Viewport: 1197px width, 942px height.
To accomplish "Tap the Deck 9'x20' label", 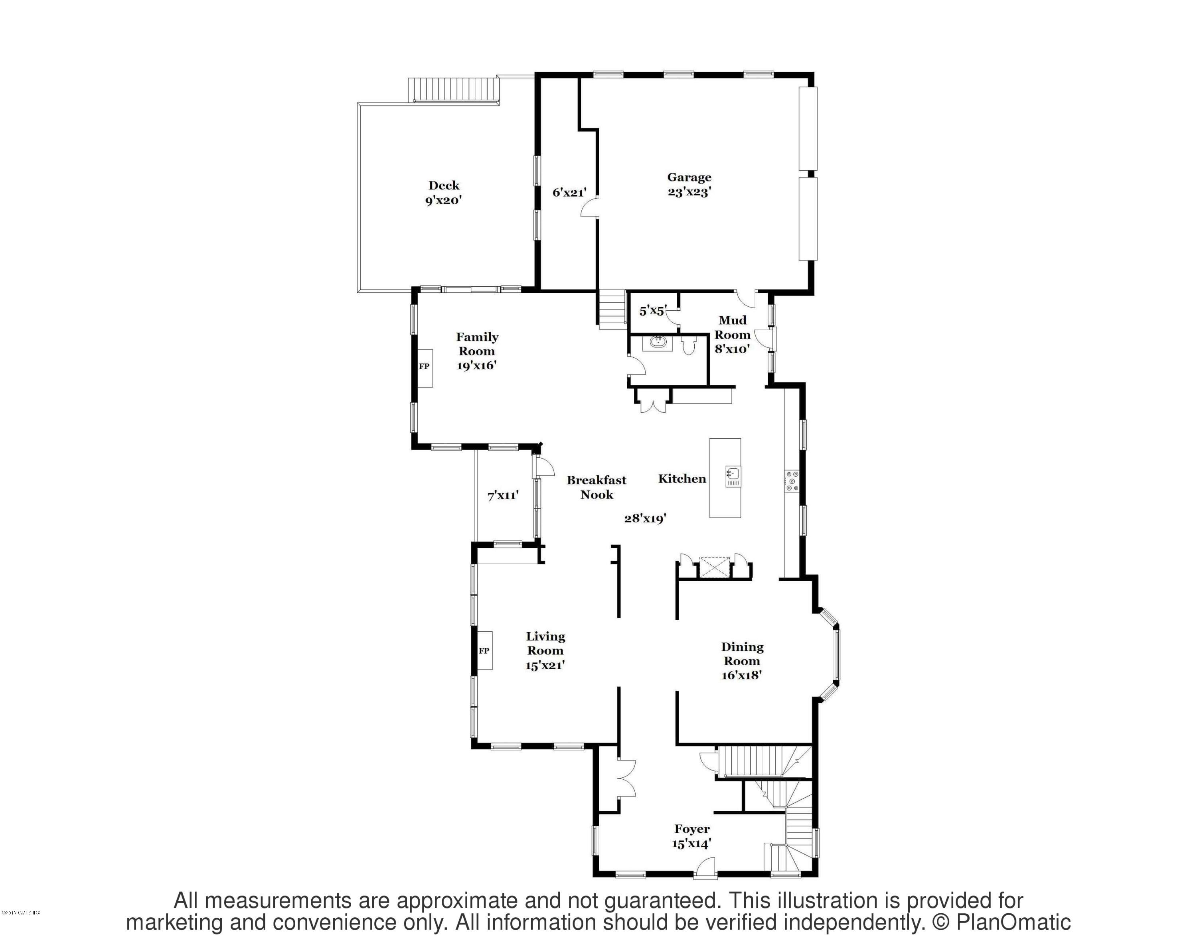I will [443, 193].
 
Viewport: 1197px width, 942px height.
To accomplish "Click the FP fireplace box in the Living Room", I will [484, 651].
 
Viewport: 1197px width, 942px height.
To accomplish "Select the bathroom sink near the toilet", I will [658, 343].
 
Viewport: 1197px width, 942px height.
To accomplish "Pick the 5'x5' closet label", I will [652, 311].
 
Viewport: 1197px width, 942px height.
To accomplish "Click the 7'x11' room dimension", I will [502, 495].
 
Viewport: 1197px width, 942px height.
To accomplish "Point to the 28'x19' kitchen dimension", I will [645, 518].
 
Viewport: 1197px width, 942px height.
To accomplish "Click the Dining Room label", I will [742, 661].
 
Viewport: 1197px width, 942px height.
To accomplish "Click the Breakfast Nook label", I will [597, 487].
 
